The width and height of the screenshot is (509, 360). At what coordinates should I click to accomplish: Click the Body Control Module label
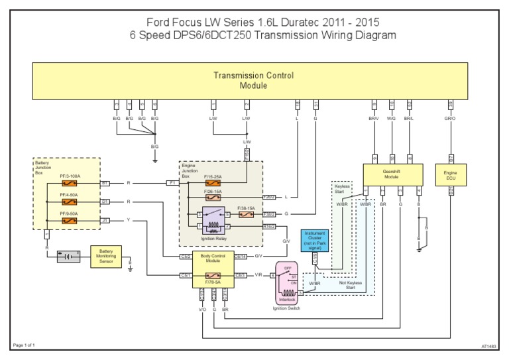point(213,258)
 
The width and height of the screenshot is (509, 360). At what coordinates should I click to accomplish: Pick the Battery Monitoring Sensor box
point(106,257)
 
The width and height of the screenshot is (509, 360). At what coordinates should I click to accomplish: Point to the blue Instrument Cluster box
point(314,239)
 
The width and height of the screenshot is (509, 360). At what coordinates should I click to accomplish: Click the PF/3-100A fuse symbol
point(70,183)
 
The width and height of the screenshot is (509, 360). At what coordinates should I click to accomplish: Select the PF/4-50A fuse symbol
point(70,202)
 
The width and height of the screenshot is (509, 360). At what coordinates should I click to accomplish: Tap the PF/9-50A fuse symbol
point(70,220)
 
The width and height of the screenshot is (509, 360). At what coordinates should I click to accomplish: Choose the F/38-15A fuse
point(245,215)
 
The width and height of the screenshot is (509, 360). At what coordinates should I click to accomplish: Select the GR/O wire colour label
point(451,118)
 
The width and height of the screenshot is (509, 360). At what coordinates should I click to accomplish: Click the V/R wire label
point(258,275)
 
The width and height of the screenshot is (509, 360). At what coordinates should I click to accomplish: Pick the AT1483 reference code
point(488,345)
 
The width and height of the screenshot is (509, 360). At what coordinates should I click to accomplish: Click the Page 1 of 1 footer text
point(24,345)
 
